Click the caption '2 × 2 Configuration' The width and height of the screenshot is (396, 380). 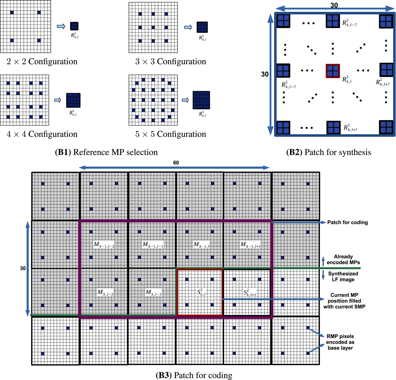click(x=42, y=62)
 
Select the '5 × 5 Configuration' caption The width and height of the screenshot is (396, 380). click(x=171, y=134)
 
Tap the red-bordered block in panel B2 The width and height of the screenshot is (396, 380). click(x=333, y=71)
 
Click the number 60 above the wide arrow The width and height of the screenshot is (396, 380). click(x=176, y=163)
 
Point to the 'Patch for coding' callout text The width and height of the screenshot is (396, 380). click(x=347, y=222)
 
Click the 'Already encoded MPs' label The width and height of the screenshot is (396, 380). click(x=343, y=259)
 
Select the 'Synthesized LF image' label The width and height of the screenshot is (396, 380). click(x=343, y=277)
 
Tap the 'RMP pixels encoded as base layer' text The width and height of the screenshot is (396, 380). click(x=340, y=342)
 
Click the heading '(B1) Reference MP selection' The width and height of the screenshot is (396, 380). click(x=106, y=152)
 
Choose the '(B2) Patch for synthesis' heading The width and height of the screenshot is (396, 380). click(x=328, y=152)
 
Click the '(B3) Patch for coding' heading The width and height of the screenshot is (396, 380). click(x=194, y=375)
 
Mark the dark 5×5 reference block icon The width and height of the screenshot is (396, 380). click(x=201, y=100)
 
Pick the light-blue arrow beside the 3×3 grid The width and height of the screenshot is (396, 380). click(x=188, y=27)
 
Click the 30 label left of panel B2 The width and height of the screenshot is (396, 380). click(x=265, y=74)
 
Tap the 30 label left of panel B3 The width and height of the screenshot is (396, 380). click(x=23, y=268)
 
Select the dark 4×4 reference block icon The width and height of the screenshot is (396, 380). click(x=73, y=100)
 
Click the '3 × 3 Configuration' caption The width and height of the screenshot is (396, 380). click(x=171, y=62)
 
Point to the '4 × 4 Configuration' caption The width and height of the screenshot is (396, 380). click(x=42, y=134)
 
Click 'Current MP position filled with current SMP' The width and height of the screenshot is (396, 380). click(x=344, y=301)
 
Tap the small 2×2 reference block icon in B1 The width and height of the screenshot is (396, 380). click(x=74, y=26)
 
